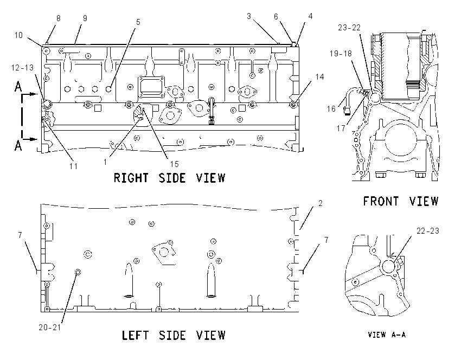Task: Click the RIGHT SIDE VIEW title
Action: pyautogui.click(x=169, y=178)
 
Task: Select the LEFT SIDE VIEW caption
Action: pyautogui.click(x=174, y=335)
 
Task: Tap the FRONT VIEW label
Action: pyautogui.click(x=401, y=201)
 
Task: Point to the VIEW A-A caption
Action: pyautogui.click(x=387, y=335)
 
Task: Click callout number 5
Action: pyautogui.click(x=138, y=22)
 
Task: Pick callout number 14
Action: pyautogui.click(x=319, y=77)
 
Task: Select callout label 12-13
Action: pyautogui.click(x=22, y=68)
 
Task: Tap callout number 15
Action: pyautogui.click(x=174, y=164)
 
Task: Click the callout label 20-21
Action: pyautogui.click(x=50, y=327)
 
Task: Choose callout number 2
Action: pyautogui.click(x=320, y=203)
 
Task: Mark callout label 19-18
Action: pyautogui.click(x=341, y=54)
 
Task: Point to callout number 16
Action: pyautogui.click(x=331, y=109)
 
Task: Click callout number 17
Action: pyautogui.click(x=341, y=128)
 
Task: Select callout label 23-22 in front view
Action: pyautogui.click(x=349, y=28)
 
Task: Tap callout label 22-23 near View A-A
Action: pyautogui.click(x=428, y=231)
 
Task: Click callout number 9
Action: pyautogui.click(x=85, y=18)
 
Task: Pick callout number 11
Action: pyautogui.click(x=73, y=166)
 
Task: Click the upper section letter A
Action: pyautogui.click(x=18, y=87)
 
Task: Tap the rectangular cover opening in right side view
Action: pyautogui.click(x=151, y=86)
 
